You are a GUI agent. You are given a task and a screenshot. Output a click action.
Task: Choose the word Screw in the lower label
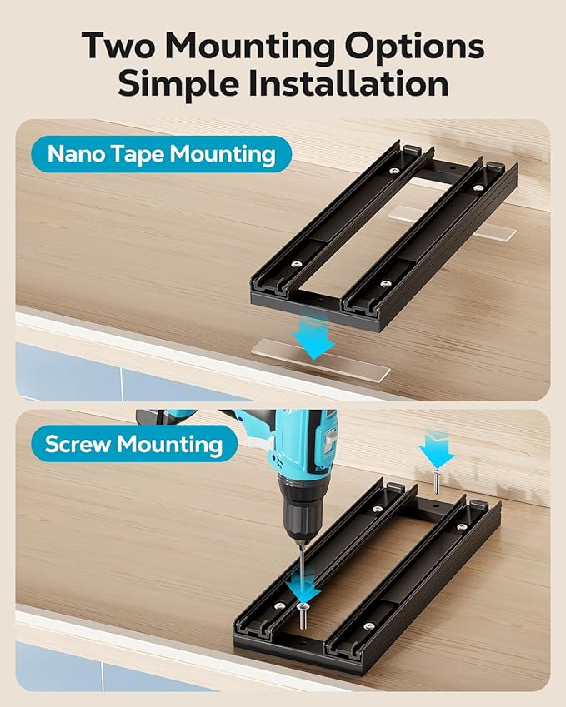click(x=78, y=443)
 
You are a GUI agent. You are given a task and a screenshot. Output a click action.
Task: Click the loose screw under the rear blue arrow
click(x=436, y=480)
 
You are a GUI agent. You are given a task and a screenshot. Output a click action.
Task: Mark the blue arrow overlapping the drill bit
click(x=302, y=591)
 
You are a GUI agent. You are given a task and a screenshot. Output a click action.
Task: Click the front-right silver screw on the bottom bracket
click(x=369, y=618)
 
